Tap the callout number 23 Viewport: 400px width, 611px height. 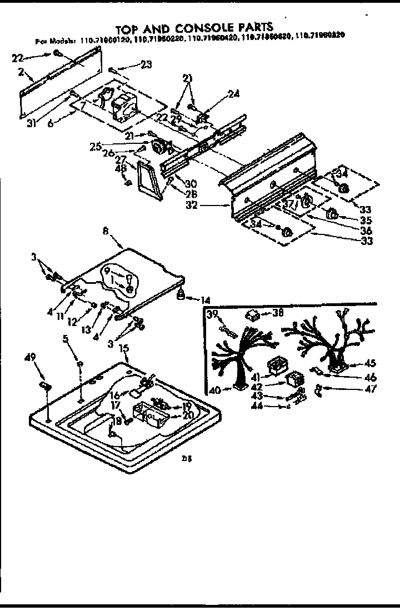146,64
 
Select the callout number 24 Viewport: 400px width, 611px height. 233,94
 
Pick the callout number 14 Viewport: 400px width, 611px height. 205,300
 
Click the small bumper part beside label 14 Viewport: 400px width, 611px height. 182,297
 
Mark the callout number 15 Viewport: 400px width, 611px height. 124,348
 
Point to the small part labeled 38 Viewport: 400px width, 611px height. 253,316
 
